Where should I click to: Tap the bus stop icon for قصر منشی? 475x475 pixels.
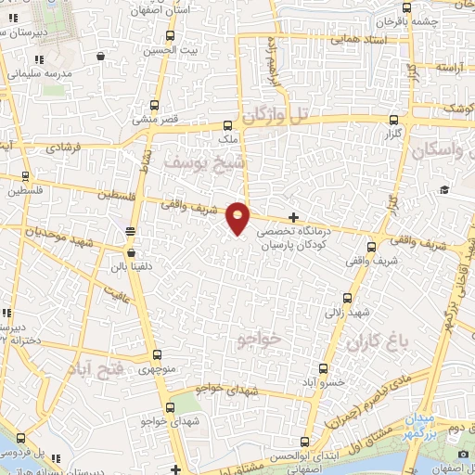click(x=155, y=105)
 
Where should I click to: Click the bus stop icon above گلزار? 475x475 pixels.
click(x=394, y=120)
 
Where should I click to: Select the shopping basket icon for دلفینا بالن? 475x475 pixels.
click(x=131, y=252)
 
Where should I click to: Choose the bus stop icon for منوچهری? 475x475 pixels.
click(x=156, y=354)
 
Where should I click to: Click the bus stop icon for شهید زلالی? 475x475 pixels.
click(x=348, y=298)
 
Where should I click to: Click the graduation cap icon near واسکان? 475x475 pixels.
click(x=445, y=190)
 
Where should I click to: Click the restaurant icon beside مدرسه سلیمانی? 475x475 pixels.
click(x=100, y=56)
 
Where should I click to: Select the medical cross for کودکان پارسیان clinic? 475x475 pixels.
click(x=294, y=216)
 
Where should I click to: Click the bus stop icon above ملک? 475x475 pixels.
click(x=227, y=123)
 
